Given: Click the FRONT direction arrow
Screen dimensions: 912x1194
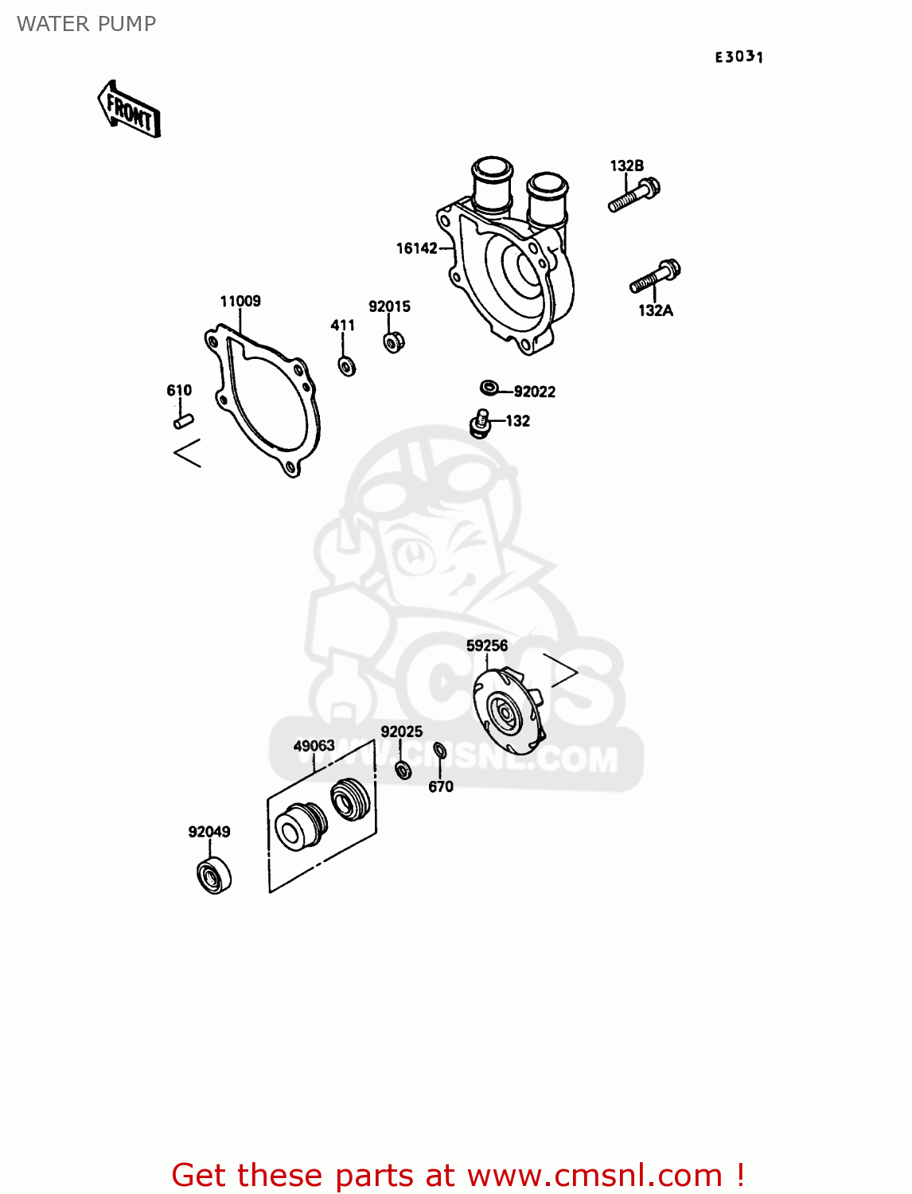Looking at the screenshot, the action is [x=129, y=109].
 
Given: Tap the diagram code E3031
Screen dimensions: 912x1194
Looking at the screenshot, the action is [x=739, y=57].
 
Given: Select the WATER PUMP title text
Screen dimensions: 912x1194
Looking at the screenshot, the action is [x=87, y=24].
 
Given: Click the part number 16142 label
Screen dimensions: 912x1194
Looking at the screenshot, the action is [x=416, y=248].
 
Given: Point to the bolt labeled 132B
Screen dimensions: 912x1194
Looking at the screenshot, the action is [x=634, y=195].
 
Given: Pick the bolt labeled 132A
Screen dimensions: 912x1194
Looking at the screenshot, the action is [x=655, y=277].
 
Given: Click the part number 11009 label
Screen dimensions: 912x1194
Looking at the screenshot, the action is [x=240, y=301].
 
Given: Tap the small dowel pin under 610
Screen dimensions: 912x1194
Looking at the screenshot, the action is [x=183, y=421].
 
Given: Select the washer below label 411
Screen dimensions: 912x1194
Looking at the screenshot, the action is [x=347, y=366].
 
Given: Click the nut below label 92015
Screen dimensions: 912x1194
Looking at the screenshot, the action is [x=393, y=341].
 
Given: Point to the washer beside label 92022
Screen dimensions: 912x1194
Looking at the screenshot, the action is [x=489, y=388].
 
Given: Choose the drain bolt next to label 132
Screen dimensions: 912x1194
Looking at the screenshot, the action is [x=480, y=423].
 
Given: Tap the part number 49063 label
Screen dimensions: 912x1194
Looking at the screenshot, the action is [x=314, y=745].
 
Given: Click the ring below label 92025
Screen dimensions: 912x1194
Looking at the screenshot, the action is [x=403, y=771].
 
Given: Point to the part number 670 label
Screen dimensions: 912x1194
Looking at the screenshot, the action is [x=441, y=786].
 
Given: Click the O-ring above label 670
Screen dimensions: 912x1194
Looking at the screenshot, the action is [x=439, y=751].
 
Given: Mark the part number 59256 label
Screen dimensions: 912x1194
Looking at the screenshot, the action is [x=487, y=646].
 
